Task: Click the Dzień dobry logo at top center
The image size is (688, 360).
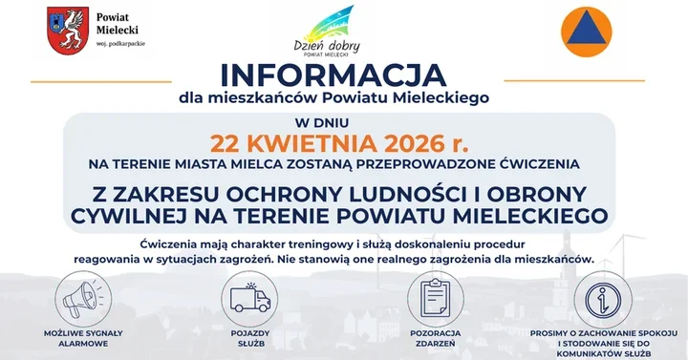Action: (323, 33)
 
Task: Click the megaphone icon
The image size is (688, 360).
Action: (82, 297)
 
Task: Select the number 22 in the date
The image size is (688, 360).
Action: (230, 144)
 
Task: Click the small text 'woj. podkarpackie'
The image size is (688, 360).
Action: (119, 44)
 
